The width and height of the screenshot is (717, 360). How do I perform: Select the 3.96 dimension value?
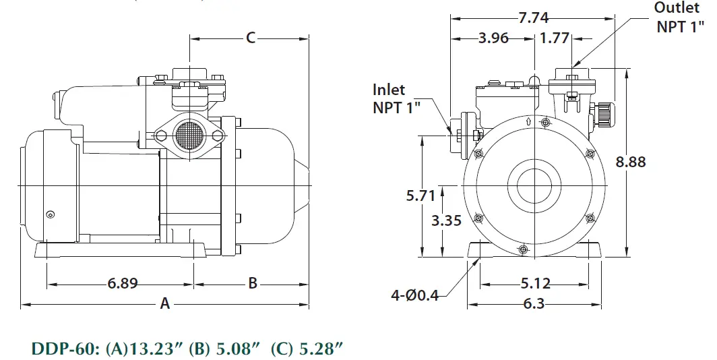coord(493,38)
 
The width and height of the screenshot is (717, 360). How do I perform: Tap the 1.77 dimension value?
coord(555,38)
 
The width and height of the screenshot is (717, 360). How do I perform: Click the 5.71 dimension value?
coord(421,196)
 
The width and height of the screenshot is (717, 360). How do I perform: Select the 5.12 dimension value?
coord(535,283)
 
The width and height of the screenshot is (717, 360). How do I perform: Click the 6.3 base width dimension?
coord(533,304)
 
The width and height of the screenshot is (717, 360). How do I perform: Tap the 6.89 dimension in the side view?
coord(123,283)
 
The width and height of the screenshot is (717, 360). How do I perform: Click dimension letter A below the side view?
coord(164,304)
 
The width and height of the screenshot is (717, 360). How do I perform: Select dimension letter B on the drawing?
coord(253,283)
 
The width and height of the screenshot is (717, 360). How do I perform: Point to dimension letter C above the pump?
coord(250,38)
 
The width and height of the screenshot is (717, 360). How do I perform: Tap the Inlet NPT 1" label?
coord(398,98)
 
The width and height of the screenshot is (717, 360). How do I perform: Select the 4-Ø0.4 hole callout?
coord(414,295)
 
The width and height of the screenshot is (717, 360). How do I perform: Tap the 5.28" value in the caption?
coord(320,349)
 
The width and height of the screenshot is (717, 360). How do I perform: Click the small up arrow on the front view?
coord(527,122)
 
